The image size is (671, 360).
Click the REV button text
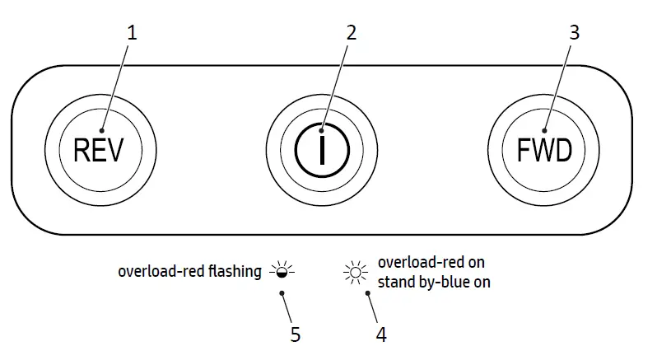98,151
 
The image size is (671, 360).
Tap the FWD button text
544,151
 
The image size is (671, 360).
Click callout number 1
132,33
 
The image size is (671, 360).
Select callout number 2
352,33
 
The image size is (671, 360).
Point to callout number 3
574,33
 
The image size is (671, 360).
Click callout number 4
380,334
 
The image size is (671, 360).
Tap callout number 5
295,334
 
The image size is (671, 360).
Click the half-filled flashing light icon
282,271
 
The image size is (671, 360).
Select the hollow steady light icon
356,271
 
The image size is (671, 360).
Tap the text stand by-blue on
434,282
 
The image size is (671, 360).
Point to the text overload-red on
431,263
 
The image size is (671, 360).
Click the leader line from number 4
372,306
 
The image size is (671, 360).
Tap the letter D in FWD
562,151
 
